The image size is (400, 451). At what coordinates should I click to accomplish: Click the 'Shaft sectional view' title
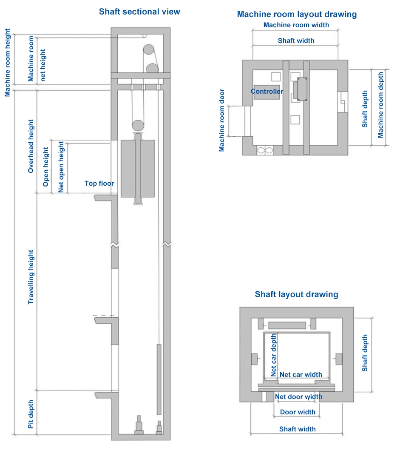click(x=139, y=11)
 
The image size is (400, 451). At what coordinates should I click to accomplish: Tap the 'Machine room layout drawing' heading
click(x=297, y=14)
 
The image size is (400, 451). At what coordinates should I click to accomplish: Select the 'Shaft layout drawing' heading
click(x=297, y=294)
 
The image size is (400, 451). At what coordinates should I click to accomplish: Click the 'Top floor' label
click(x=99, y=183)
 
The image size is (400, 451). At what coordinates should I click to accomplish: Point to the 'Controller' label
click(x=267, y=92)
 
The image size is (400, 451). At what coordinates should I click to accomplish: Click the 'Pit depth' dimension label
click(x=31, y=414)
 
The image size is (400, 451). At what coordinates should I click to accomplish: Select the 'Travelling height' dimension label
click(x=31, y=277)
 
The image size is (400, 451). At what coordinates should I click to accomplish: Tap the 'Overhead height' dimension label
click(x=31, y=146)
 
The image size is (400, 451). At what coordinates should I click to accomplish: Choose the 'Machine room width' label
click(x=296, y=25)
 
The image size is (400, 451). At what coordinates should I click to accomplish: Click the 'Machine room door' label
click(x=221, y=120)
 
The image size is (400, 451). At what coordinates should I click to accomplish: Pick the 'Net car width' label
click(x=301, y=374)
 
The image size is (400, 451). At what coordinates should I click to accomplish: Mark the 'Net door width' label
click(x=299, y=396)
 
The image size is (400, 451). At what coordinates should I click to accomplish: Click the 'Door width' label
click(x=298, y=412)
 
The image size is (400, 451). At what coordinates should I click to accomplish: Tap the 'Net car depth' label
click(x=274, y=355)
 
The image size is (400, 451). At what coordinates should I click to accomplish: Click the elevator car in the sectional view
click(x=138, y=169)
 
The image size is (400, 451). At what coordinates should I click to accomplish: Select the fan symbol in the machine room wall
click(x=265, y=150)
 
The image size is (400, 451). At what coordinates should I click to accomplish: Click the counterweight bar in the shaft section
click(x=159, y=379)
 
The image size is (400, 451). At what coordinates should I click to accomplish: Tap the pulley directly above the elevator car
click(x=138, y=126)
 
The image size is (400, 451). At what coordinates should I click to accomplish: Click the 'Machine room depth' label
click(x=380, y=105)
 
